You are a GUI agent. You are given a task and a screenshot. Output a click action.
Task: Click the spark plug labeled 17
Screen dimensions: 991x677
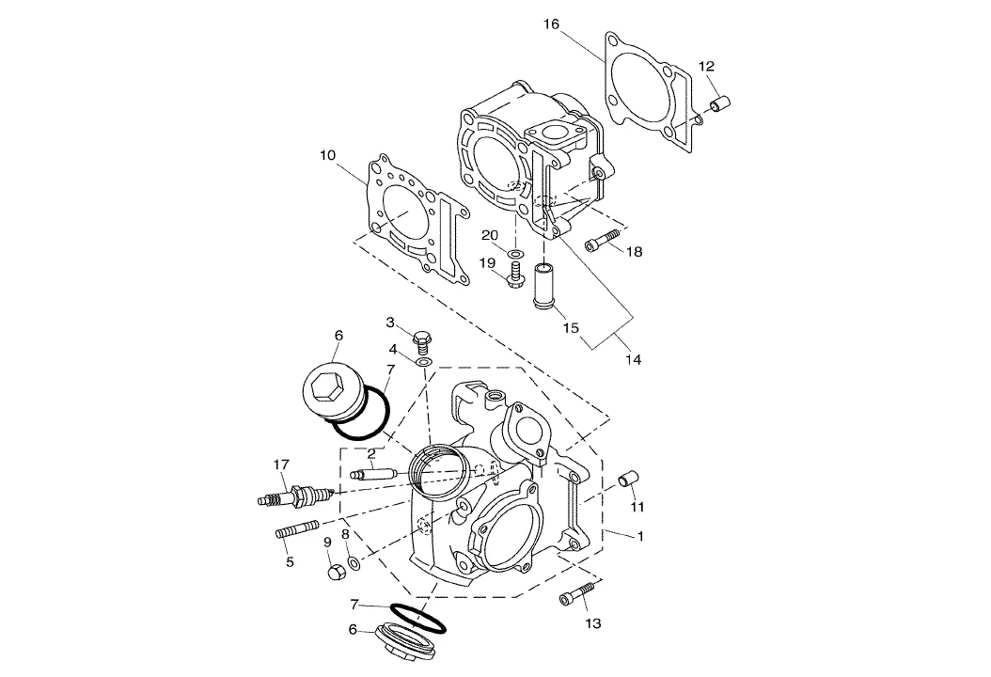click(295, 496)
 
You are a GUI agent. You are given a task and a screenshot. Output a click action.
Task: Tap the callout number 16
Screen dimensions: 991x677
click(551, 24)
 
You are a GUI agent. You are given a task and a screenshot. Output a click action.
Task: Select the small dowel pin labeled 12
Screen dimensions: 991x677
click(721, 102)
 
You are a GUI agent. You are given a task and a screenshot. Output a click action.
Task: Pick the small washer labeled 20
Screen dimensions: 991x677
click(516, 254)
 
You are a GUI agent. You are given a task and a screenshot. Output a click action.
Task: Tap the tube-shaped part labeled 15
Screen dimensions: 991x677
click(543, 287)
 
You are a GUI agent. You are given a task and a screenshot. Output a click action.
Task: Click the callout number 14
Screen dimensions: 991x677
click(634, 359)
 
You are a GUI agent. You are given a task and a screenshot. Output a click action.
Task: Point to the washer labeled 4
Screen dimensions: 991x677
click(423, 362)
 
